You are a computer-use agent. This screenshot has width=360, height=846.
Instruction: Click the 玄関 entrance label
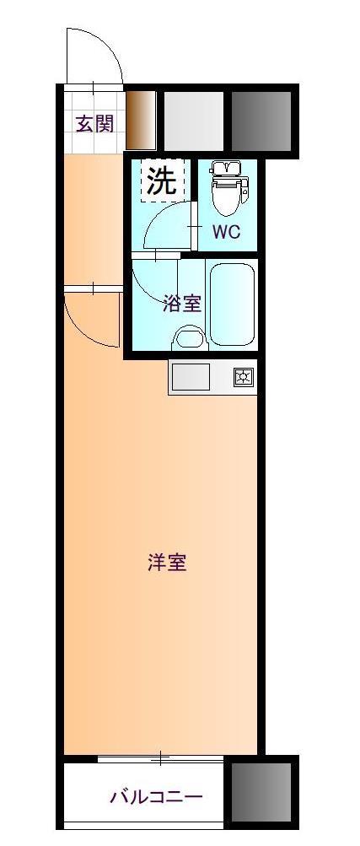[95, 124]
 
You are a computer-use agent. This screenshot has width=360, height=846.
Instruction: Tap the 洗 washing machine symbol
[162, 181]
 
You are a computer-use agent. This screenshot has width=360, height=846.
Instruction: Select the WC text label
[226, 232]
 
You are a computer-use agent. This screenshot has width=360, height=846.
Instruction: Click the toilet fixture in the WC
[229, 186]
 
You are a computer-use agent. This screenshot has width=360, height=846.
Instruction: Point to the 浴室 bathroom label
[182, 304]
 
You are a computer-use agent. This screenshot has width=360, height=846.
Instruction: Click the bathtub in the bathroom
[232, 304]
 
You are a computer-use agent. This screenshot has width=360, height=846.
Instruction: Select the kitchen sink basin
[191, 376]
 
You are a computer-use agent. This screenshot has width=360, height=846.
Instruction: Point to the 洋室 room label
[167, 563]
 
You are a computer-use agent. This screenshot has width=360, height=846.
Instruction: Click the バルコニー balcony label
[156, 796]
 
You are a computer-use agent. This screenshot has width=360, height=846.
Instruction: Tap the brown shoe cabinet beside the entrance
[141, 120]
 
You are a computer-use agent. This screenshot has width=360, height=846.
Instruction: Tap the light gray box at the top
[193, 121]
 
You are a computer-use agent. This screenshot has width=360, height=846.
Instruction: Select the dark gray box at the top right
[261, 121]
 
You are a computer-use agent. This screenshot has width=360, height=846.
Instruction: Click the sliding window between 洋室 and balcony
[160, 759]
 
